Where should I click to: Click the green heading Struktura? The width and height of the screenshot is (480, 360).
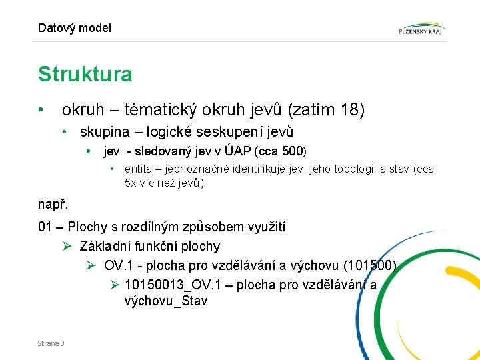(85, 74)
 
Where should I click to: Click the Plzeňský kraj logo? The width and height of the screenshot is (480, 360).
(421, 29)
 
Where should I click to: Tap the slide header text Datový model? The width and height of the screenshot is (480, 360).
(75, 28)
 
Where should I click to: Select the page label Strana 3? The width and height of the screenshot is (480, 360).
(51, 343)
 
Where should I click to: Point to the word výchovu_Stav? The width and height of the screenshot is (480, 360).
(166, 301)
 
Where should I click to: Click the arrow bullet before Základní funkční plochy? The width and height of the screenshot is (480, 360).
(67, 246)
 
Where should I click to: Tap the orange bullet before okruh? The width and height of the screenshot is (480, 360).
(41, 109)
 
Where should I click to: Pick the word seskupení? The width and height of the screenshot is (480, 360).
(227, 132)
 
